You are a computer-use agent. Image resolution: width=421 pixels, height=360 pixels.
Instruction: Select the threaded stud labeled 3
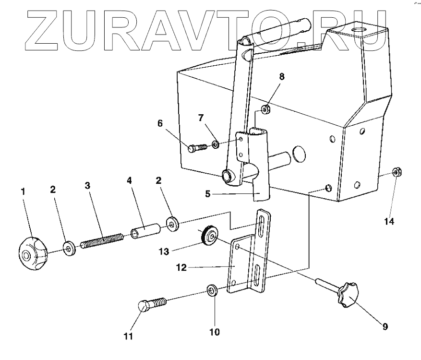coord(102,239)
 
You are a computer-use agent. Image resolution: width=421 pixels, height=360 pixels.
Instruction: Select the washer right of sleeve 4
coord(171,223)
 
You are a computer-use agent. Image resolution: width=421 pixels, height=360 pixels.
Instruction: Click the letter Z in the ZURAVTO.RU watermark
coord(46,30)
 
